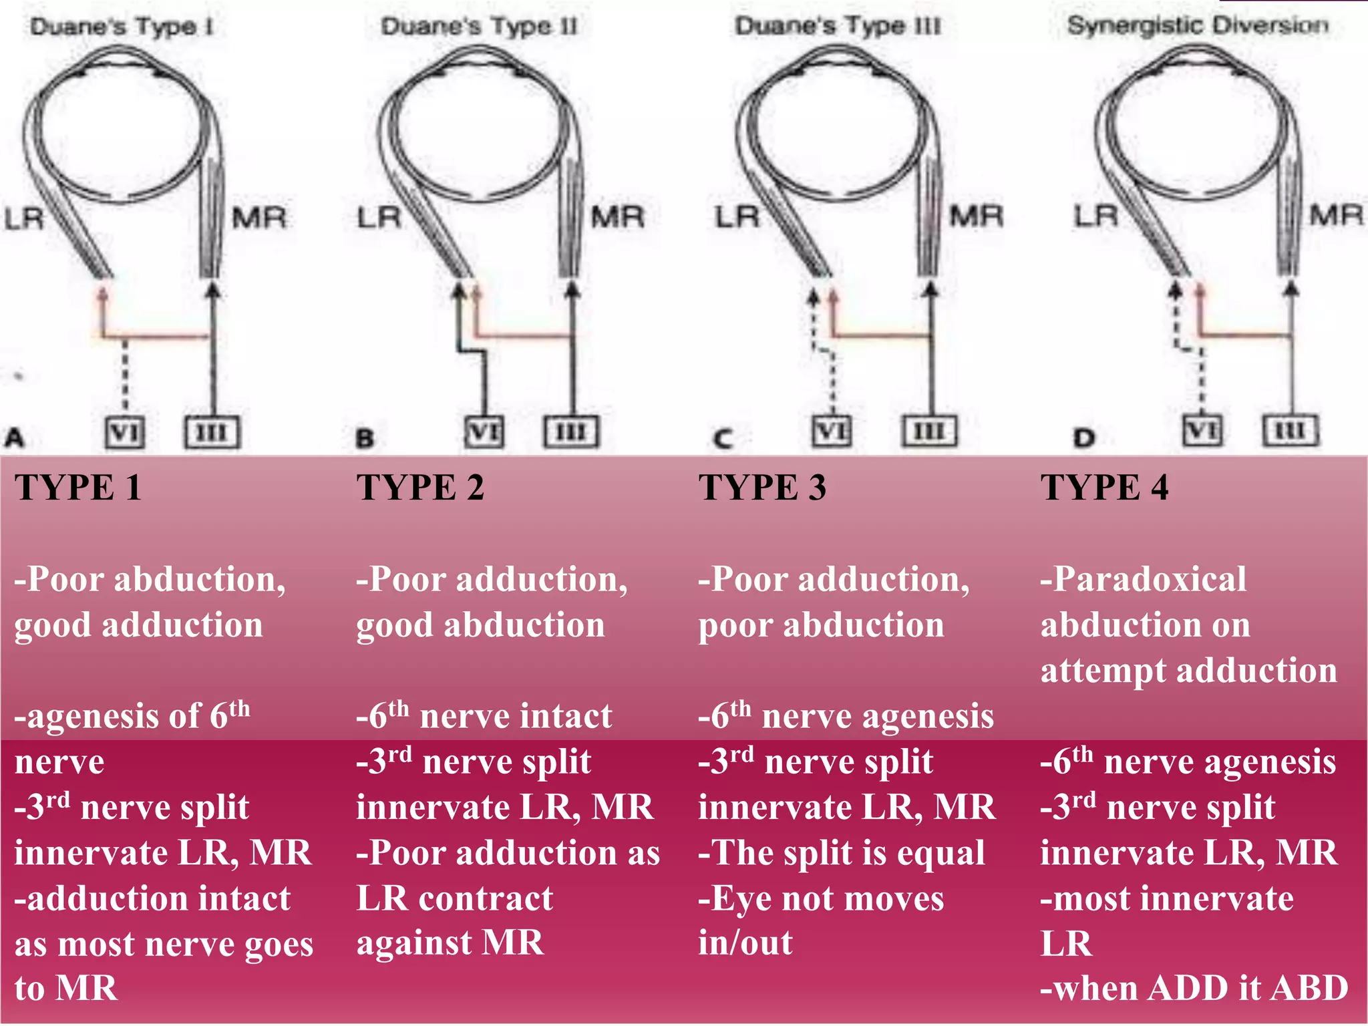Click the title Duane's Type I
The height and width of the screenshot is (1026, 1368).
pos(121,27)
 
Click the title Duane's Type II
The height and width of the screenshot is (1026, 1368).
pos(479,27)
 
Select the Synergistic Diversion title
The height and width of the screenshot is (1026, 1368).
pos(1198,25)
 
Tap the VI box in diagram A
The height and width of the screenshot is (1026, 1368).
pos(125,432)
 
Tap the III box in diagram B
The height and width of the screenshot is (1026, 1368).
pos(571,432)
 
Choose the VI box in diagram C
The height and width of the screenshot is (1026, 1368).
pos(832,431)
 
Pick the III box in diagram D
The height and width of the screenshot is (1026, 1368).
pos(1291,430)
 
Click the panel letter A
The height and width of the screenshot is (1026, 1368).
pos(15,438)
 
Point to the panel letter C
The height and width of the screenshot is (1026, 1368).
pos(723,439)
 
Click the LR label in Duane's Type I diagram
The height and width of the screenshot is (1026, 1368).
pos(24,218)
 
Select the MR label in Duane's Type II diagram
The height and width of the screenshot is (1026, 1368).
pos(617,217)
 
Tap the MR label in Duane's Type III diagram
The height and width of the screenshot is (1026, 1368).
pos(976,216)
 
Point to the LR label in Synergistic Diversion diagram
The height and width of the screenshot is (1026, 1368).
pos(1095,216)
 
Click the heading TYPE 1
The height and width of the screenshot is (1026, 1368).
pos(78,487)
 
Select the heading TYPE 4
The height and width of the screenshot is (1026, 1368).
pos(1104,487)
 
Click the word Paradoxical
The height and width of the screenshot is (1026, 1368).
pos(1149,579)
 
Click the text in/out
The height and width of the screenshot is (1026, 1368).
pos(745,943)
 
